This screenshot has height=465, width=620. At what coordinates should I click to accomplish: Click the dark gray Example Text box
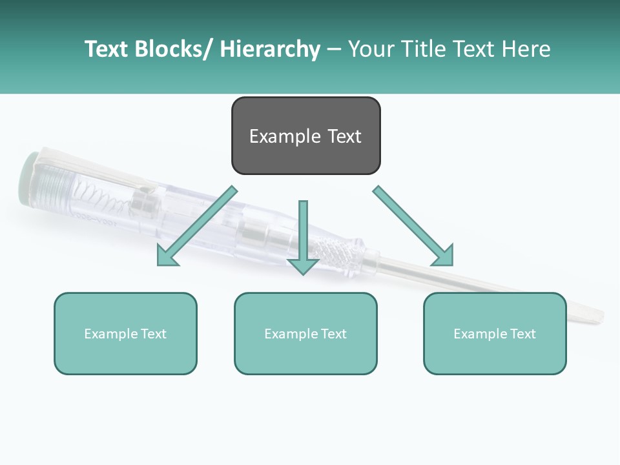coord(305,136)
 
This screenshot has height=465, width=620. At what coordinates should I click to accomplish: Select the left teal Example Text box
coord(125,333)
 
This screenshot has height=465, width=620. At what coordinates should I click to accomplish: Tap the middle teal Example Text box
coord(305,333)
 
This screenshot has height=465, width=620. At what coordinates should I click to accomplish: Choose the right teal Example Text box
coord(495,333)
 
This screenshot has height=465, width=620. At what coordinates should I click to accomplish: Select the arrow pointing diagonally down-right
coord(413,226)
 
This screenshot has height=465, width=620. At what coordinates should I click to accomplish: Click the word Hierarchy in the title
coord(270,49)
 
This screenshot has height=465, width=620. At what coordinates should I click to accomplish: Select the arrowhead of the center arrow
coord(303,265)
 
